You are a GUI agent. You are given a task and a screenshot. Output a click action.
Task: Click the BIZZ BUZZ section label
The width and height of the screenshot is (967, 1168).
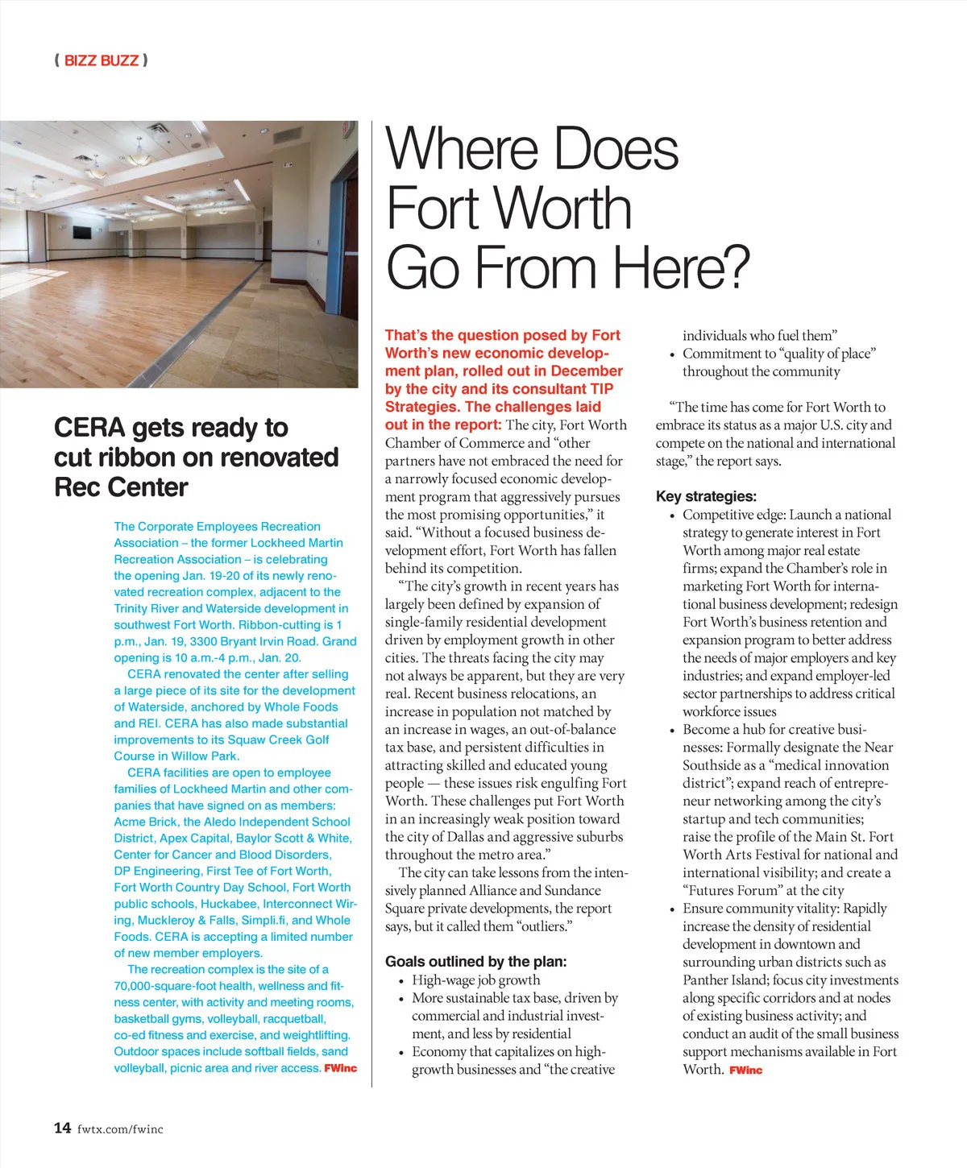tap(101, 60)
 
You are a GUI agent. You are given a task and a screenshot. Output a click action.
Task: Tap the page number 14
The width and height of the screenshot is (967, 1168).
tap(62, 1128)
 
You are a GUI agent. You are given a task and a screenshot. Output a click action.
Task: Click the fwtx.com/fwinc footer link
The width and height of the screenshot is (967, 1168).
tap(120, 1129)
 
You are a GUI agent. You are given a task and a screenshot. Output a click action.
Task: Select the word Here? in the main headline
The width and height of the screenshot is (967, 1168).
tap(681, 267)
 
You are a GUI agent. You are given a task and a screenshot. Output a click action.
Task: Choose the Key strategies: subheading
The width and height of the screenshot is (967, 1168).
tap(706, 496)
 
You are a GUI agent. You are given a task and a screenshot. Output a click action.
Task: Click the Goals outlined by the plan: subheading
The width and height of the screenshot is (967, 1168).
tap(475, 961)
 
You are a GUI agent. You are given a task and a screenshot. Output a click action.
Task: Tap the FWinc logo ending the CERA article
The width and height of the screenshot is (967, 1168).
tap(340, 1068)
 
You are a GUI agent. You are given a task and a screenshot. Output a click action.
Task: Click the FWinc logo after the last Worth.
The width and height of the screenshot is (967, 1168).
tap(745, 1070)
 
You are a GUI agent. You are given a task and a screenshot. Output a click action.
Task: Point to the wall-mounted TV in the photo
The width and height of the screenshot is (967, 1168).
tap(81, 233)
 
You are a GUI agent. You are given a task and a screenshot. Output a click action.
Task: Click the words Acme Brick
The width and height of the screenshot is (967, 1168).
tap(145, 822)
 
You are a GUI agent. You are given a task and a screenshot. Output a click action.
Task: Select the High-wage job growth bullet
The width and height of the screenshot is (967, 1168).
tap(475, 980)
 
